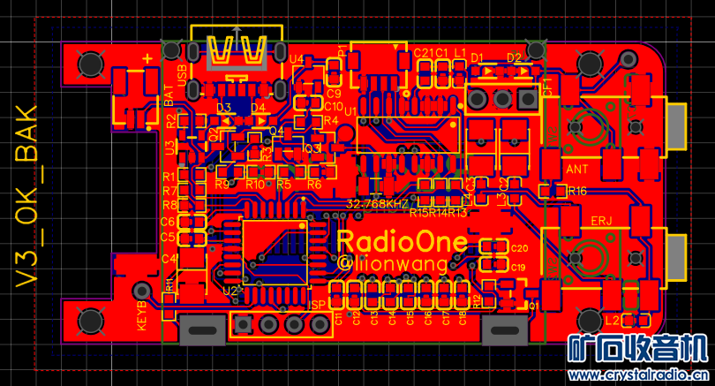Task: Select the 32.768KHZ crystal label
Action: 378,203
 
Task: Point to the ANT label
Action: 576,169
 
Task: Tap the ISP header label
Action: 319,306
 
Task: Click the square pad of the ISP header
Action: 241,324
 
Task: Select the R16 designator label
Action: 577,191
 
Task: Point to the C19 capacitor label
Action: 518,268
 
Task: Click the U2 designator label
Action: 230,290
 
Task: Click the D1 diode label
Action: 478,57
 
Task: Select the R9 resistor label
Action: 222,184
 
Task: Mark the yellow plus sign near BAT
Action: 147,57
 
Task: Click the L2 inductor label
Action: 611,319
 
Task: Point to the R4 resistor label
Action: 331,120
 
